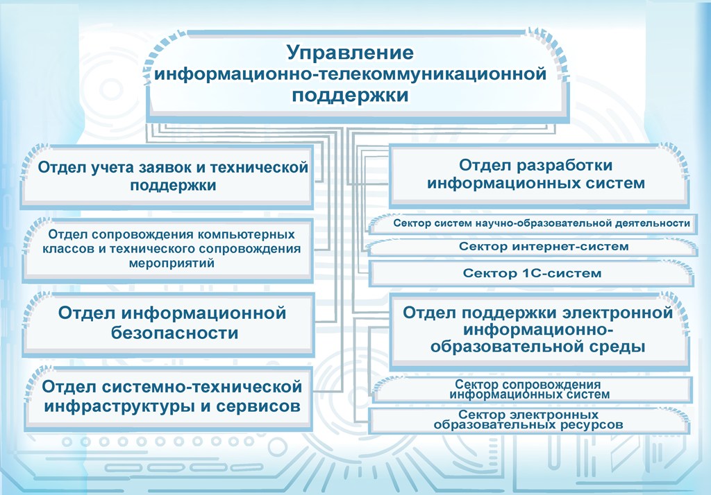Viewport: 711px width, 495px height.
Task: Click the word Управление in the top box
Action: pyautogui.click(x=350, y=53)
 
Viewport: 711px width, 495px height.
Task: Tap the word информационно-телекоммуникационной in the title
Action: pyautogui.click(x=350, y=73)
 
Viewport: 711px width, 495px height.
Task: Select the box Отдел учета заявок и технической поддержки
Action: pyautogui.click(x=167, y=176)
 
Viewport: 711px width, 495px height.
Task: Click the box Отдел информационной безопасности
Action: pyautogui.click(x=168, y=323)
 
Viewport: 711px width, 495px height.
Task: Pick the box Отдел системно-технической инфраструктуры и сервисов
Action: pyautogui.click(x=168, y=397)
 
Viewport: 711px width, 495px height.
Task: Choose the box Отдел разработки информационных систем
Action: pyautogui.click(x=539, y=175)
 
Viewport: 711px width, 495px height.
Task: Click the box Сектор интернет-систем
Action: pyautogui.click(x=533, y=247)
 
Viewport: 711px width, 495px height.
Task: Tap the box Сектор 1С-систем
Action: pyautogui.click(x=531, y=274)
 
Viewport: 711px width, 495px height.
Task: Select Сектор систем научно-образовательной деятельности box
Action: pyautogui.click(x=533, y=223)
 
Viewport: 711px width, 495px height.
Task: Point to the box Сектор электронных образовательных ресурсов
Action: pyautogui.click(x=529, y=420)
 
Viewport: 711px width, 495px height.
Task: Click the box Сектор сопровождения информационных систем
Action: pyautogui.click(x=532, y=390)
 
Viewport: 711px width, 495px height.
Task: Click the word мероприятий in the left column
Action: pyautogui.click(x=172, y=263)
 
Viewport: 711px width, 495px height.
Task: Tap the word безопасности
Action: pyautogui.click(x=174, y=333)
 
